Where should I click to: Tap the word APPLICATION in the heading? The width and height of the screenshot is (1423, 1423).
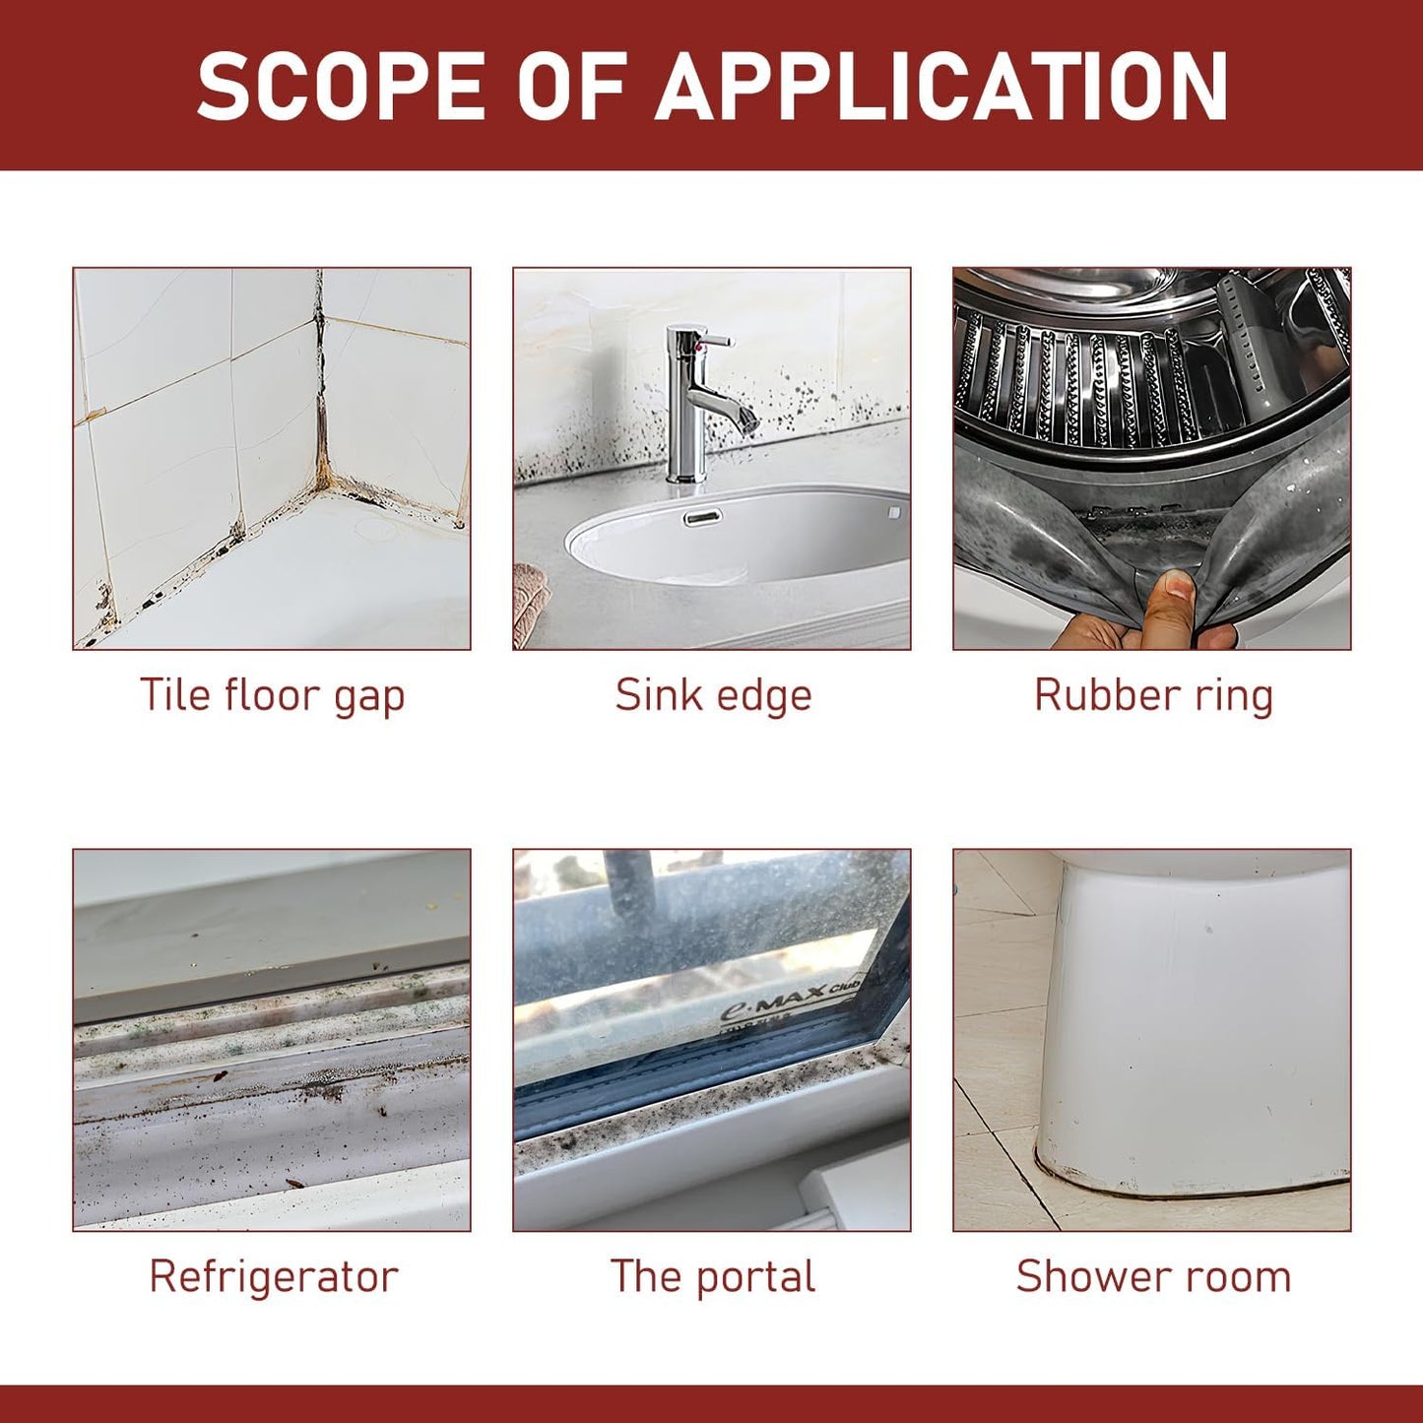tap(940, 86)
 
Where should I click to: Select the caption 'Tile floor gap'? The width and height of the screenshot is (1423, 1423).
tap(273, 697)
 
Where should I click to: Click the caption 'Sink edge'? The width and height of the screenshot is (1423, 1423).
tap(713, 697)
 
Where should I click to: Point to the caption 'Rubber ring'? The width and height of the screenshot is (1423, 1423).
tap(1153, 697)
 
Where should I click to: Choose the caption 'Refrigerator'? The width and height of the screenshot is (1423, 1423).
tap(273, 1278)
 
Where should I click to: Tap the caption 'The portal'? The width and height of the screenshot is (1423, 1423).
tap(713, 1277)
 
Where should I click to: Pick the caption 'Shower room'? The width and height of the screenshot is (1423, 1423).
tap(1153, 1276)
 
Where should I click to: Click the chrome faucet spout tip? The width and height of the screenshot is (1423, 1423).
tap(748, 423)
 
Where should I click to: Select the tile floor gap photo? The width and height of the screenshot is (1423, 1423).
tap(272, 459)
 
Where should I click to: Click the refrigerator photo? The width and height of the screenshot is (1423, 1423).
tap(272, 1040)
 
